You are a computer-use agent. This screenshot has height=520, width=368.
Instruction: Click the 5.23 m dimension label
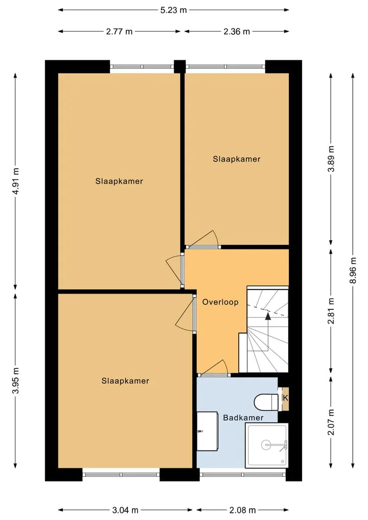click(x=173, y=10)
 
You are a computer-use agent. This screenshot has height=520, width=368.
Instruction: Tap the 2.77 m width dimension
click(x=119, y=32)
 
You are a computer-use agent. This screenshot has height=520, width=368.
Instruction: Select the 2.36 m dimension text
click(x=236, y=32)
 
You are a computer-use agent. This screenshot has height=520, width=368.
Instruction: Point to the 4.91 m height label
click(x=15, y=181)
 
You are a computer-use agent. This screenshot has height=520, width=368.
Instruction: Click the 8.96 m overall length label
click(x=353, y=270)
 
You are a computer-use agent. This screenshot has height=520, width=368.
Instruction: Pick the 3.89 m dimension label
click(x=331, y=159)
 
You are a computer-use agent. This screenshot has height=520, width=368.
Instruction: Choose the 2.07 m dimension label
click(x=331, y=422)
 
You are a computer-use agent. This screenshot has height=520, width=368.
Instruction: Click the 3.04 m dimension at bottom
click(x=125, y=510)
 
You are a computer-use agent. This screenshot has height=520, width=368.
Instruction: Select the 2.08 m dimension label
click(x=242, y=510)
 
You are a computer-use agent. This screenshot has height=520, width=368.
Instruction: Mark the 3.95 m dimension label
click(x=15, y=380)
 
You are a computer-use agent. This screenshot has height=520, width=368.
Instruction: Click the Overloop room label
click(x=220, y=302)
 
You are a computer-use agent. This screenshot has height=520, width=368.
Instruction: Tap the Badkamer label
click(x=243, y=418)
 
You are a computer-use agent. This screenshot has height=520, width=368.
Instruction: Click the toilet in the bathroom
click(x=266, y=402)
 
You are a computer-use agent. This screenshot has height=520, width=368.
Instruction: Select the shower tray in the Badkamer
click(x=267, y=445)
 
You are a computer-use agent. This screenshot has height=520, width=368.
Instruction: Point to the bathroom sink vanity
click(x=207, y=431)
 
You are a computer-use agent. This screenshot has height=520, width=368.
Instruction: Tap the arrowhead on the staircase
click(x=268, y=315)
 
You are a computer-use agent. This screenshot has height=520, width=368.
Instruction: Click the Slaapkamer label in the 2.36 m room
click(x=236, y=159)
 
